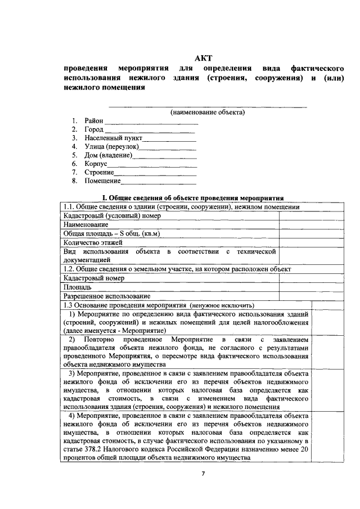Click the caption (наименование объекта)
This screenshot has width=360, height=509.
(x=208, y=112)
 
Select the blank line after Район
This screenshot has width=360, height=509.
(x=151, y=122)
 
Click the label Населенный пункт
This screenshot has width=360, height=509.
(x=114, y=138)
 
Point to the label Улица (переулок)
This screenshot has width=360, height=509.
(x=111, y=146)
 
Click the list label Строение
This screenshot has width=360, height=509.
(x=99, y=172)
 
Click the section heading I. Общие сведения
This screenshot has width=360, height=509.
(x=191, y=198)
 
